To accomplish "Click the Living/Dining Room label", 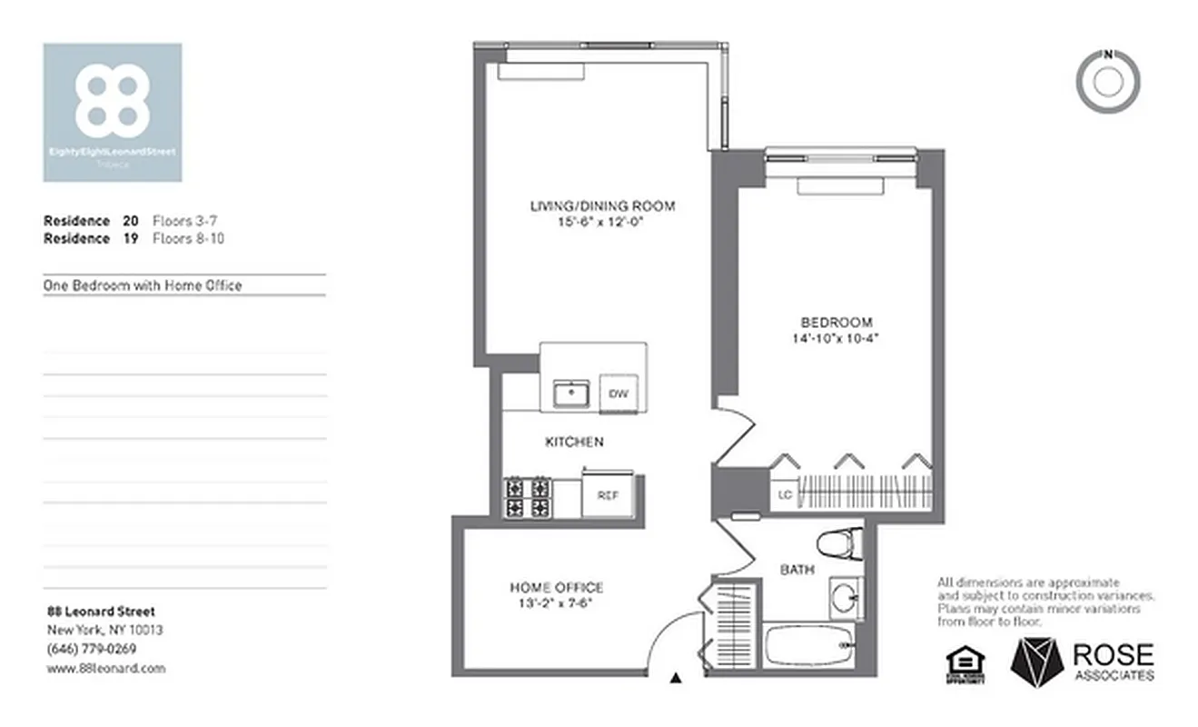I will (602, 206).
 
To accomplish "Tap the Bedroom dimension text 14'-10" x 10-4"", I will (836, 339).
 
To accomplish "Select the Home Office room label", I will (556, 588).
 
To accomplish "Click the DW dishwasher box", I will (619, 393).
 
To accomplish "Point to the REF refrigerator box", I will (608, 495).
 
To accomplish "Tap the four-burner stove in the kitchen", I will (528, 497).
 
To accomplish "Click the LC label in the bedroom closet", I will (785, 496).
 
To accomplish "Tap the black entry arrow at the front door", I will (675, 677).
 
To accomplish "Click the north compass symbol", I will (1107, 82).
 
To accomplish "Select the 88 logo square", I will (113, 112).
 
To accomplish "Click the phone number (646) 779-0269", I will (91, 649).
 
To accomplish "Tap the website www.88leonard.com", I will (105, 668).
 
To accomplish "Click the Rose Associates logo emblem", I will (1036, 661).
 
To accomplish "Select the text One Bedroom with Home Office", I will (143, 285).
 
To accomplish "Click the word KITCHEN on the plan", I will (574, 442).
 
